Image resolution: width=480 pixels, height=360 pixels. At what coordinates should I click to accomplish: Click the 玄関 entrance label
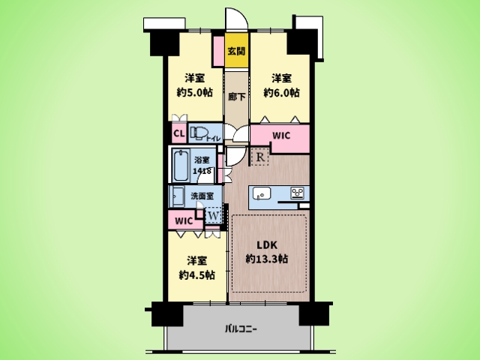[x=237, y=52]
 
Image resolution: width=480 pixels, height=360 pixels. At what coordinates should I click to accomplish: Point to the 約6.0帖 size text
[x=281, y=94]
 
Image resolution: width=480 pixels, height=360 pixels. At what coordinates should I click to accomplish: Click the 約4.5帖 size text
[x=197, y=275]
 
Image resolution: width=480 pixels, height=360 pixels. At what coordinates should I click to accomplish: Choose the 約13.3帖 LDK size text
[x=268, y=259]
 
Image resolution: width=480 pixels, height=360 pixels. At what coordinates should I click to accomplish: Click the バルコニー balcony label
[x=240, y=328]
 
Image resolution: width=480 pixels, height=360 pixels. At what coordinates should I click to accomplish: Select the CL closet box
[x=178, y=134]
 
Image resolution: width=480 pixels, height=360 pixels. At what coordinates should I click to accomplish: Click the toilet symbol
[x=199, y=133]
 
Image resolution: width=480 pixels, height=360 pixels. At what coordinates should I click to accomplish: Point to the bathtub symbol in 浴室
[x=181, y=166]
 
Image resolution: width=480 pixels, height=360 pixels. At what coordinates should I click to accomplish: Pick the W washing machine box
[x=213, y=216]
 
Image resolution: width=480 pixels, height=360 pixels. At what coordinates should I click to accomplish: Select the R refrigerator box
[x=259, y=157]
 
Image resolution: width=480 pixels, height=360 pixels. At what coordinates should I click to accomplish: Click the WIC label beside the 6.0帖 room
[x=280, y=136]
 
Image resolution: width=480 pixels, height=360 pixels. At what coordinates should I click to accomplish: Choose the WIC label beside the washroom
[x=184, y=221]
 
